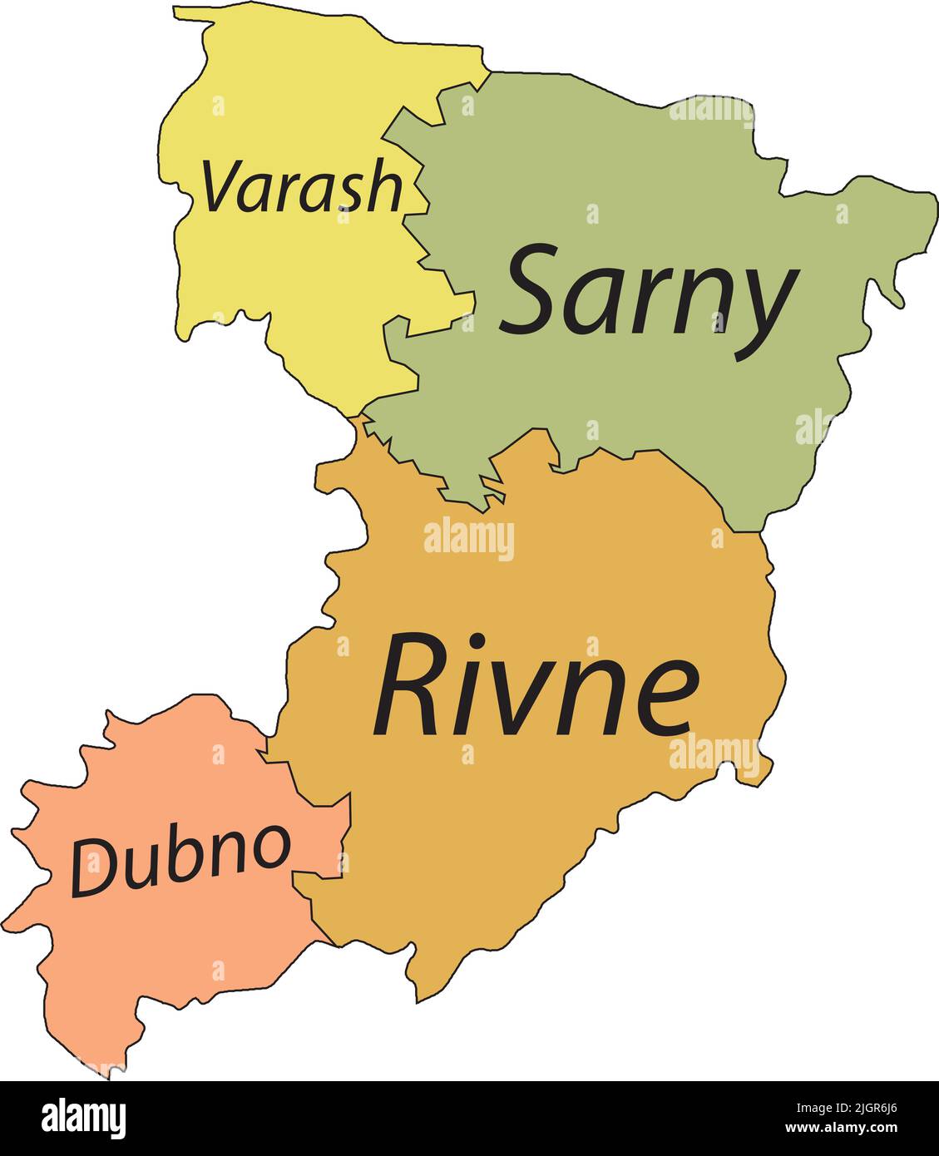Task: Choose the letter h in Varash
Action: [383, 185]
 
